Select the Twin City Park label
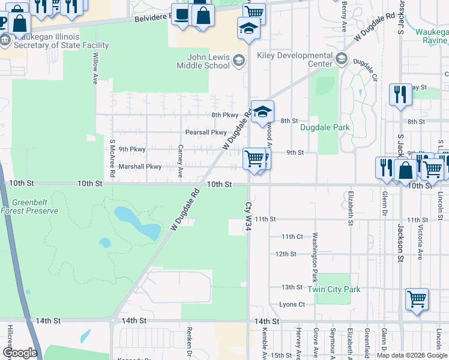coord(334,289)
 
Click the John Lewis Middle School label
coord(203,62)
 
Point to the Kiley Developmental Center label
coord(294,59)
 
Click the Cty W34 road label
coord(249,214)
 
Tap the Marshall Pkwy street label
coord(140,167)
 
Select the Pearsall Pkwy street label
coord(206,133)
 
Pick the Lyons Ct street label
coord(292,305)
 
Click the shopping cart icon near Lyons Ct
coord(417,298)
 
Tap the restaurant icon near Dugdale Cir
coord(400,94)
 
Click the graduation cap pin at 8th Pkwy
coord(262,112)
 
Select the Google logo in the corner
coord(20,353)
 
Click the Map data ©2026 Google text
coord(412,355)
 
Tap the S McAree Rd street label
coord(112,159)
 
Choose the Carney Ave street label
coord(180,161)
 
